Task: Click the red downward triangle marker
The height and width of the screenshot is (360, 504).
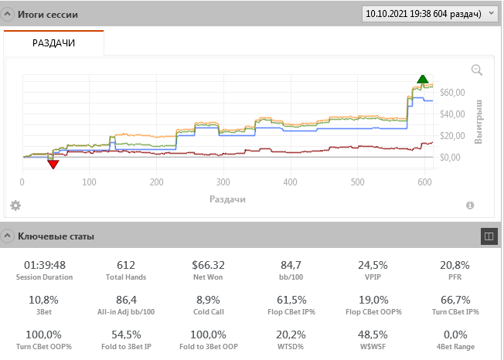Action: (x=53, y=164)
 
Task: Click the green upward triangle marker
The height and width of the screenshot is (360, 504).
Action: (x=422, y=79)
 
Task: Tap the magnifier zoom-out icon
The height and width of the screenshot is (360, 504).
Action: (x=477, y=70)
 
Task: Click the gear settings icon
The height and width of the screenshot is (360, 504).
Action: (x=15, y=205)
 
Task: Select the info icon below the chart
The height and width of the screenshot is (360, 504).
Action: (x=470, y=205)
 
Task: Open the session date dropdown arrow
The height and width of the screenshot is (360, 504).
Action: (x=491, y=13)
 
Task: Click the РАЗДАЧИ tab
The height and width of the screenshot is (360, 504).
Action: (x=53, y=43)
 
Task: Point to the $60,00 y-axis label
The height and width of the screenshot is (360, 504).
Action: (x=452, y=93)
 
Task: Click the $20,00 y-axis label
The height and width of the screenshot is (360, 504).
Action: (x=452, y=136)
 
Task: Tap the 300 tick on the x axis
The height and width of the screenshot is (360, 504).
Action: (x=223, y=182)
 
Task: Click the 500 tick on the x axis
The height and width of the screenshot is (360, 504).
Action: (x=357, y=182)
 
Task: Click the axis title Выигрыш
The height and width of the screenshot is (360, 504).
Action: (x=478, y=122)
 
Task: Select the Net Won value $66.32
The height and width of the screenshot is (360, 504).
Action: (x=208, y=265)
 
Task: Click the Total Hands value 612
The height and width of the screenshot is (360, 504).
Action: (x=126, y=265)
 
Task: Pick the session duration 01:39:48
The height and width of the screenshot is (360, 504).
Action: (x=45, y=265)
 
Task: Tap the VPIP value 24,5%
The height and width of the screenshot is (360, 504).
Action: (x=373, y=265)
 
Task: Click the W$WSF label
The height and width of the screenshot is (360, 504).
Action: (x=373, y=347)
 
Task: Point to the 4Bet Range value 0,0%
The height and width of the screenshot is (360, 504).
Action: (x=455, y=335)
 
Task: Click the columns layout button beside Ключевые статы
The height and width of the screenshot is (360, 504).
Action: (x=489, y=236)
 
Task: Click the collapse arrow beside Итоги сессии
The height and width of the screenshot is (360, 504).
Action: (x=7, y=14)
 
